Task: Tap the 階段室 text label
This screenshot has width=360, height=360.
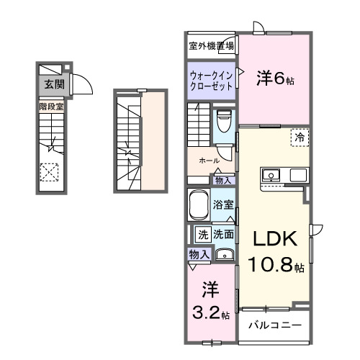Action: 50,107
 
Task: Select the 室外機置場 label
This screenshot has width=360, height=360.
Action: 211,45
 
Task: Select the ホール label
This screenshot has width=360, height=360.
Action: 209,161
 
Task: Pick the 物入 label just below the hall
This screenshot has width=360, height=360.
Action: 223,180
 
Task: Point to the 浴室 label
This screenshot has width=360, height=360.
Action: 223,204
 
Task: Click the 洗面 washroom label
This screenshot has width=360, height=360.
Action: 223,234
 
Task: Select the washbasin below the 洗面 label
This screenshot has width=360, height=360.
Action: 224,254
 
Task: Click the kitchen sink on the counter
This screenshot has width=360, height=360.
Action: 271,175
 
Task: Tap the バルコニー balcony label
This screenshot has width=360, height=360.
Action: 274,325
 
